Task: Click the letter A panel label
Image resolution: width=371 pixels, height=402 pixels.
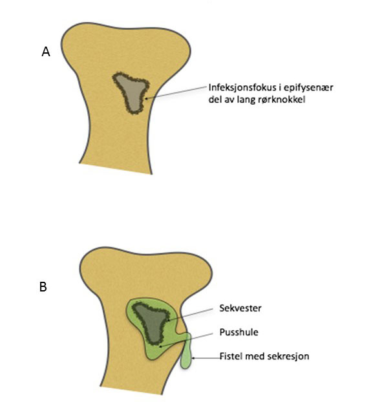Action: [46, 52]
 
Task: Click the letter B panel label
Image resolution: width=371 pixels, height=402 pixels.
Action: [43, 286]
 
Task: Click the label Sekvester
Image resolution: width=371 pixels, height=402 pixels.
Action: [240, 308]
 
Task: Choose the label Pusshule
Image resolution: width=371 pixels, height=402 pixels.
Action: [238, 332]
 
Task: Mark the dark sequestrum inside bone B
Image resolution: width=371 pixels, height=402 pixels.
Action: [151, 323]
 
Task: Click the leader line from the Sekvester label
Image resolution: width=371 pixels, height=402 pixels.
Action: [190, 314]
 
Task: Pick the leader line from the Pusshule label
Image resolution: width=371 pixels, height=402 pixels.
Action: [186, 340]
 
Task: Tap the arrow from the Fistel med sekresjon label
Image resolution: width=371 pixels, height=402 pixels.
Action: [206, 358]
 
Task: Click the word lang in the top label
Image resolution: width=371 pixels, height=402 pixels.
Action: [244, 100]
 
